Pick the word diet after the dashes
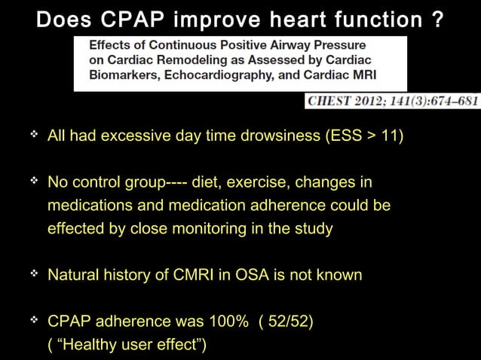[x=206, y=183]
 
